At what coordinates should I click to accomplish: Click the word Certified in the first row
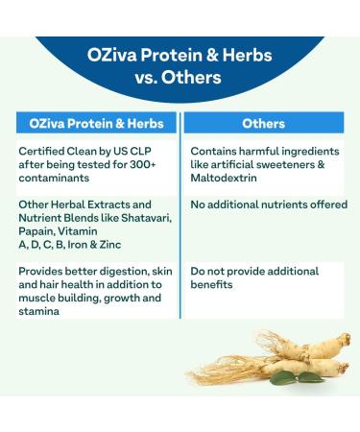(x=42, y=151)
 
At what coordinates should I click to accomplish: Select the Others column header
(x=263, y=123)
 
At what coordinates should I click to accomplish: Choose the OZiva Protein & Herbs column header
(x=97, y=123)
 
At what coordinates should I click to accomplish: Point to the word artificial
(x=235, y=164)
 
